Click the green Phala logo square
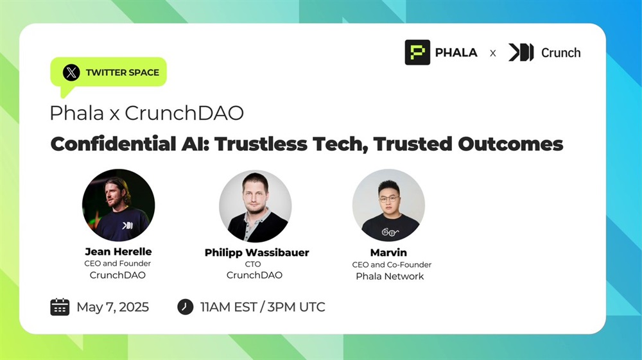point(417,53)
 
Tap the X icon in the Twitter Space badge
point(71,73)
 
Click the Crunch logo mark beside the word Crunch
point(521,53)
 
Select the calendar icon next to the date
point(60,307)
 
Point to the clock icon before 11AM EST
point(185,307)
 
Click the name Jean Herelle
point(118,251)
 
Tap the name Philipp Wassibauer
point(257,252)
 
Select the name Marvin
point(388,252)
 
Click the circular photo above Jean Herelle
point(118,205)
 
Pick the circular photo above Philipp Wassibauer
point(255,206)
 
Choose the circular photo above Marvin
point(388,205)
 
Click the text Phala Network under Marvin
point(390,276)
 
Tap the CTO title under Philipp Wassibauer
point(252,264)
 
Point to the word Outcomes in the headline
point(510,144)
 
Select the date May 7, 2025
point(112,307)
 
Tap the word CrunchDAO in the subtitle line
point(184,113)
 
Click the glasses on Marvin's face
point(388,199)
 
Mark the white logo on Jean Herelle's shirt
point(127,225)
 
